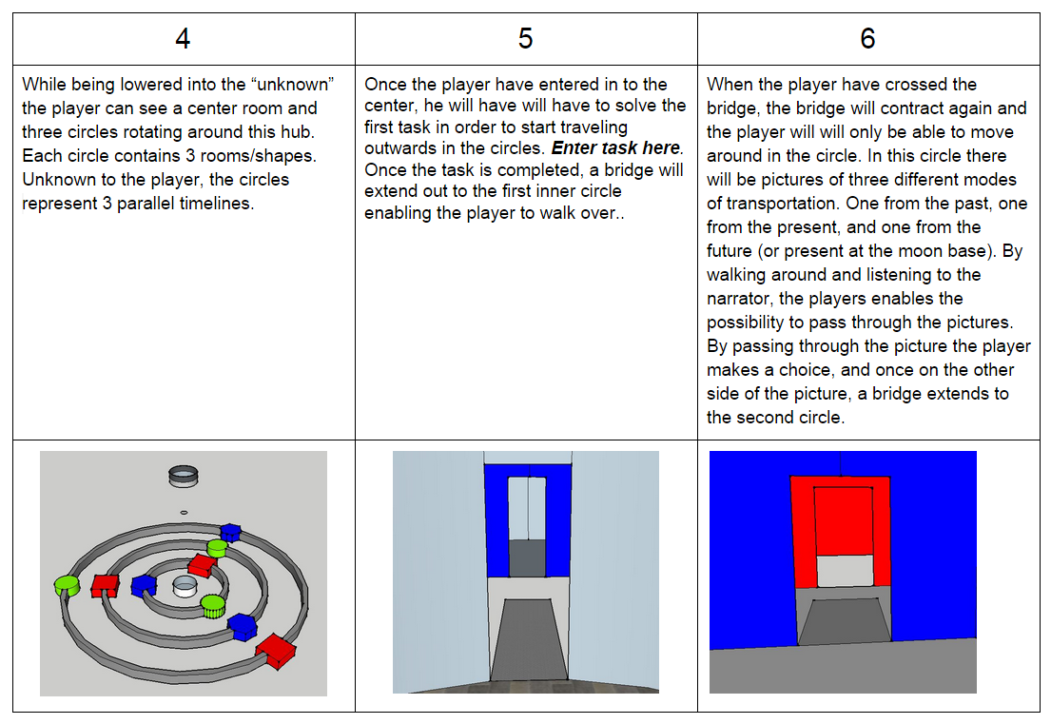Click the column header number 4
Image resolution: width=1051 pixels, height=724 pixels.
(x=183, y=39)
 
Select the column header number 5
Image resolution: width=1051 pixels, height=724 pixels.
(x=525, y=39)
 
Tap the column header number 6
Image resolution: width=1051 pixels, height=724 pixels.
(x=867, y=39)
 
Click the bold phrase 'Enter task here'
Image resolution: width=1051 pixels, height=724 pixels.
(x=616, y=148)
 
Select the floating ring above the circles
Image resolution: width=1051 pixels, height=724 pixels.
(x=183, y=475)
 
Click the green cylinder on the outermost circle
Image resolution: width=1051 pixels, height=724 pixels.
(x=67, y=583)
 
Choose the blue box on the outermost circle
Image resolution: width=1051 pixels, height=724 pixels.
(x=229, y=533)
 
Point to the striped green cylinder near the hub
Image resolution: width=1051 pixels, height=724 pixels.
(x=212, y=606)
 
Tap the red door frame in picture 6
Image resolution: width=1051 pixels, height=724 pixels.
(x=803, y=533)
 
